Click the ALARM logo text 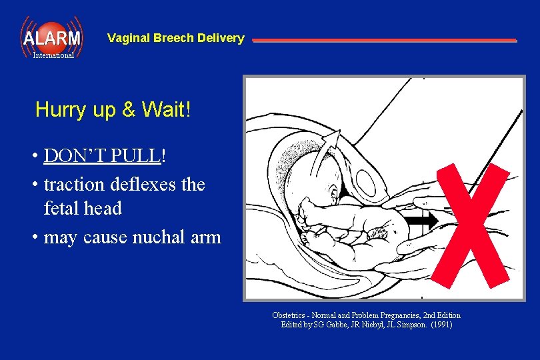pos(51,38)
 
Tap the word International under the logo pos(53,55)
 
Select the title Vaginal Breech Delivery pos(175,38)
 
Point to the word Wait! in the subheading pos(167,110)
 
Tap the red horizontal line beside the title pos(384,40)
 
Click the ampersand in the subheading pos(129,110)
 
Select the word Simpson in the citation pos(411,325)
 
